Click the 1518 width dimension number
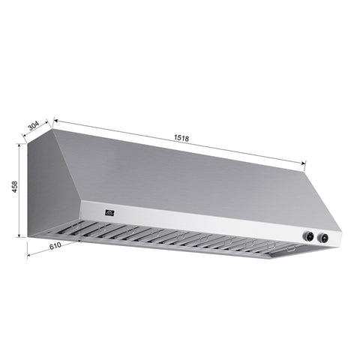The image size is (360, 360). pyautogui.click(x=181, y=138)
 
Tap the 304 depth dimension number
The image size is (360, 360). pyautogui.click(x=34, y=126)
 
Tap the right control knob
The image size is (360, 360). pyautogui.click(x=323, y=239)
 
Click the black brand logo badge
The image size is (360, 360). pyautogui.click(x=109, y=212)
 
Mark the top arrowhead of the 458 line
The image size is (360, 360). pyautogui.click(x=21, y=145)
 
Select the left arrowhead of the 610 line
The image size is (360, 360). pyautogui.click(x=29, y=254)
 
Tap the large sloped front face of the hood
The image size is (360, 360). pyautogui.click(x=195, y=180)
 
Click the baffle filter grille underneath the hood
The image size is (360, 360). pyautogui.click(x=172, y=238)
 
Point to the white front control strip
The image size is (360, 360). pyautogui.click(x=210, y=223)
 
